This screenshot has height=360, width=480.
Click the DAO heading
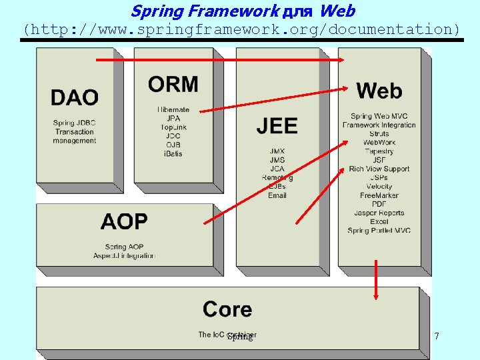click(74, 97)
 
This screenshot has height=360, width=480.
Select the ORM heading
click(173, 85)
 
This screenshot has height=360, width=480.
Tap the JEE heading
click(277, 125)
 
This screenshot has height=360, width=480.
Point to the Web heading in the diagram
click(379, 91)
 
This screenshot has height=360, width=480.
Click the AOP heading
click(124, 222)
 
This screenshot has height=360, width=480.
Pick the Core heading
click(227, 309)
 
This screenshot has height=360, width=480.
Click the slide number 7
click(437, 336)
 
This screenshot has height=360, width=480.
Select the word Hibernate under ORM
click(173, 109)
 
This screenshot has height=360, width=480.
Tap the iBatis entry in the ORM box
click(173, 154)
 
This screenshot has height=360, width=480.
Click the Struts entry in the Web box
click(379, 134)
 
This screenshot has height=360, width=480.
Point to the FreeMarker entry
click(379, 195)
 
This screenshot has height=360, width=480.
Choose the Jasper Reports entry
click(379, 213)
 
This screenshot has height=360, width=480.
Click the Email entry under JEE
click(277, 195)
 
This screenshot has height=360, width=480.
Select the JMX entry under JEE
click(277, 151)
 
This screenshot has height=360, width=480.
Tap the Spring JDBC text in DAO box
click(74, 123)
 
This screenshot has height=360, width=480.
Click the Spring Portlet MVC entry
click(379, 231)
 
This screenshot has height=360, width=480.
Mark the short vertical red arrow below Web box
click(376, 280)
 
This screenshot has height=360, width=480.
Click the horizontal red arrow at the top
click(220, 60)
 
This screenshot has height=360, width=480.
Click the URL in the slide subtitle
click(241, 29)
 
